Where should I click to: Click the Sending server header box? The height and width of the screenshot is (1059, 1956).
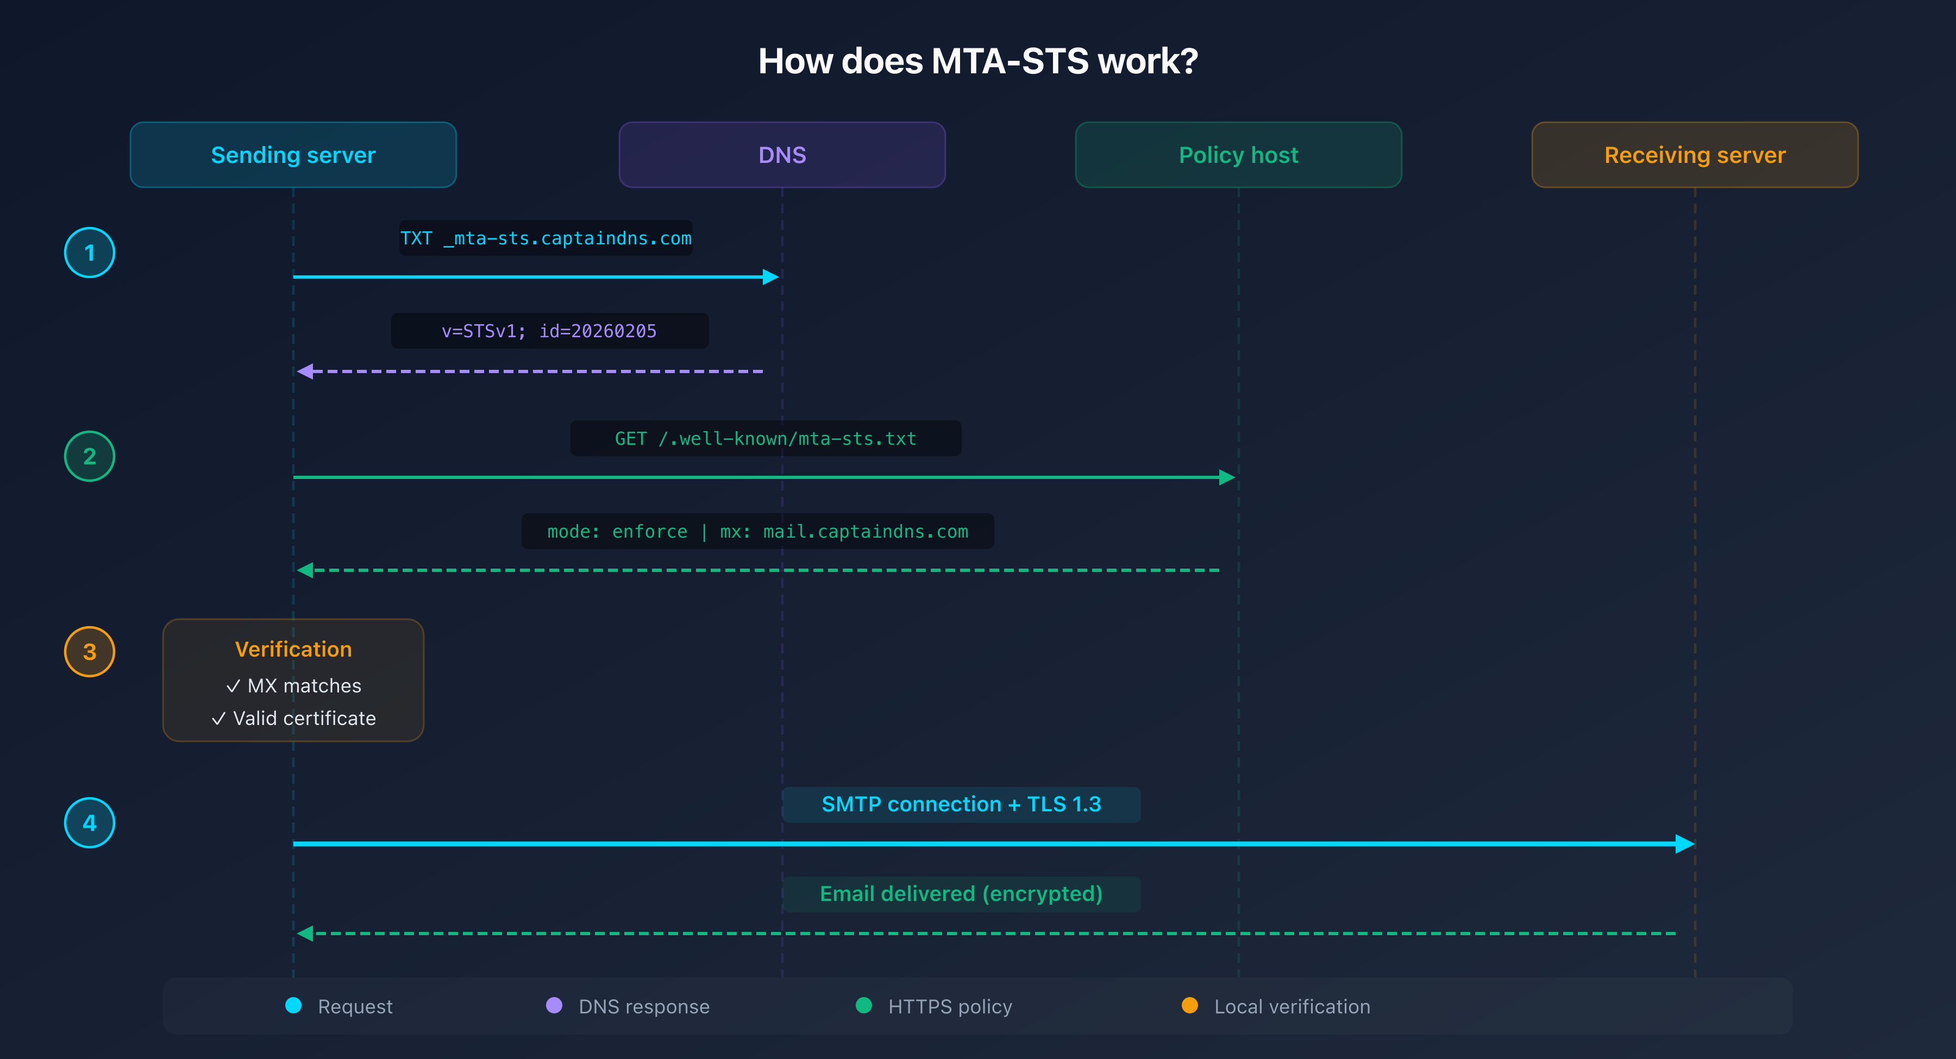point(293,155)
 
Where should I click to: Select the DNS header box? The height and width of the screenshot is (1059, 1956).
point(782,155)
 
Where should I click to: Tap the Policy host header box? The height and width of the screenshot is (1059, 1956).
point(1238,155)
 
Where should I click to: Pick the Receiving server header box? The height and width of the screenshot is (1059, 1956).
point(1695,155)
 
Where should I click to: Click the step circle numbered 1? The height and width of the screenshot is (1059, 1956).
point(90,253)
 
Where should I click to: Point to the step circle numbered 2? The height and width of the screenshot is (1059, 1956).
point(90,456)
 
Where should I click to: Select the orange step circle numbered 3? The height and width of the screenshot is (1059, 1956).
point(90,651)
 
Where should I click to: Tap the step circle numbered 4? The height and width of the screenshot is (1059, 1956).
point(90,823)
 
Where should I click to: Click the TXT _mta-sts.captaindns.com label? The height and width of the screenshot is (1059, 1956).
point(546,238)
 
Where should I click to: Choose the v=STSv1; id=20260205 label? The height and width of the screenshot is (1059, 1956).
point(549,331)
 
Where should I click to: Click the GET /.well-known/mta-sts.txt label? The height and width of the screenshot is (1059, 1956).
point(766,439)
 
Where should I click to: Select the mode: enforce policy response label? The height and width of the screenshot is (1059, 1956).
point(757,531)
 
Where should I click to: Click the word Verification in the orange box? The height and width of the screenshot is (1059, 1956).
point(293,649)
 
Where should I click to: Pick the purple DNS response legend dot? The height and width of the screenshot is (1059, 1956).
point(554,1006)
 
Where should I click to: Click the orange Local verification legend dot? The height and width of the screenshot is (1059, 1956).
point(1190,1006)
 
